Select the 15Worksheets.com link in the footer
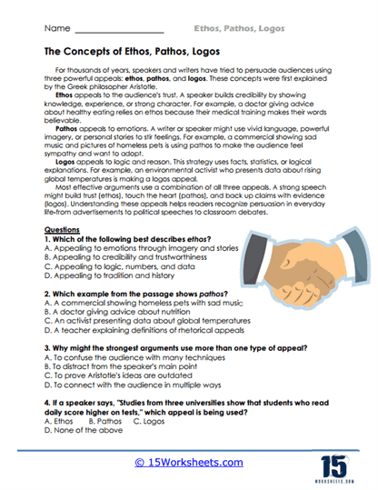click(189, 462)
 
